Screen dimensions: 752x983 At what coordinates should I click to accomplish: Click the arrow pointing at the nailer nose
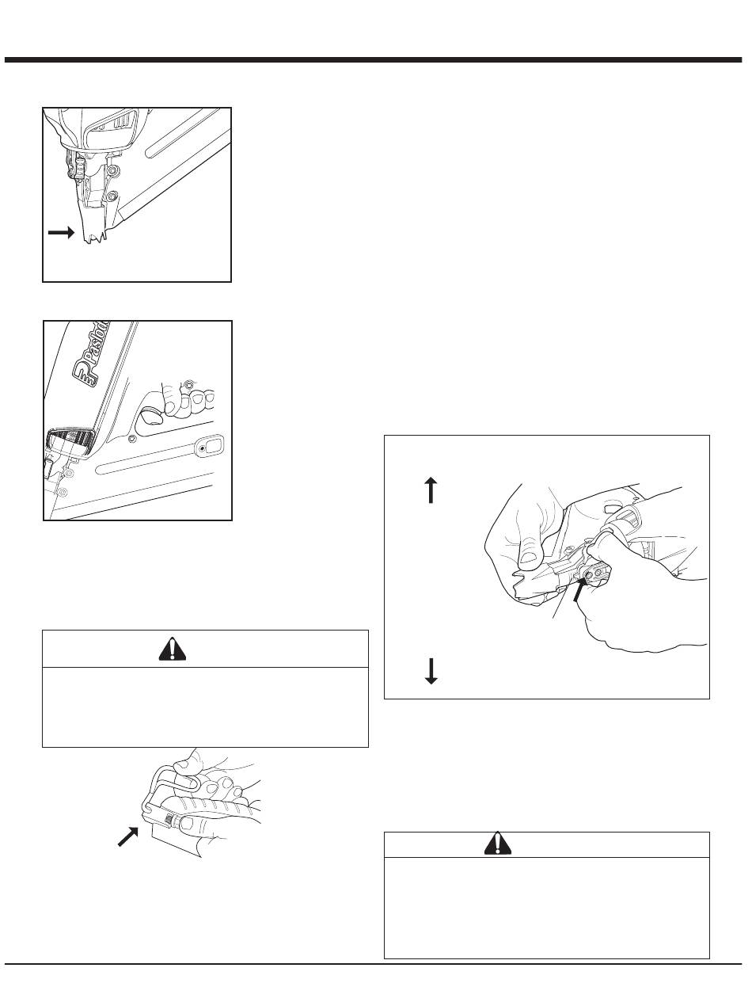click(x=62, y=233)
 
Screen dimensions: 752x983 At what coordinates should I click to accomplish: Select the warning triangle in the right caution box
click(x=498, y=844)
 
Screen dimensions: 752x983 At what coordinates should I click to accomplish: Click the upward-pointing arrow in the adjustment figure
click(x=430, y=490)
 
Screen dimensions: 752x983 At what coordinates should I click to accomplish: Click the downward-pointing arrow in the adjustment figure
click(x=430, y=671)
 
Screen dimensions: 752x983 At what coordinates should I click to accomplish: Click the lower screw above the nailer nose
click(x=112, y=195)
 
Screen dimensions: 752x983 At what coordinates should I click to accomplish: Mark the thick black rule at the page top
click(x=376, y=60)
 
